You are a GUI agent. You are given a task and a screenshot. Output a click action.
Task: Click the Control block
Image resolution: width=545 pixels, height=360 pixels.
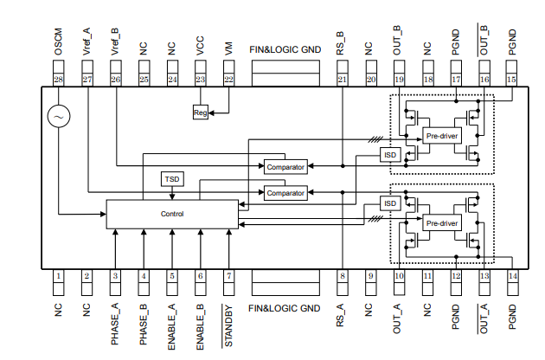(x=172, y=214)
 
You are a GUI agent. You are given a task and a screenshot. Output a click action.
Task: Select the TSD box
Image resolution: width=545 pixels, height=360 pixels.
(x=172, y=179)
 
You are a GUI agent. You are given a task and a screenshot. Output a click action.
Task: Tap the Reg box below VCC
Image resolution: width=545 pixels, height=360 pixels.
(x=200, y=112)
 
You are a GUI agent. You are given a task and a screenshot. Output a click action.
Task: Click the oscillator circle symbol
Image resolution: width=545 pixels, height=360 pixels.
(x=60, y=115)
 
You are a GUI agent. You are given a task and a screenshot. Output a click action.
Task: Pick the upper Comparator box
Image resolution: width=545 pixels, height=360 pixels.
(x=286, y=166)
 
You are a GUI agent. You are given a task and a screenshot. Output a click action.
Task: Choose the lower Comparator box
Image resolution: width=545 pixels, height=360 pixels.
(x=286, y=193)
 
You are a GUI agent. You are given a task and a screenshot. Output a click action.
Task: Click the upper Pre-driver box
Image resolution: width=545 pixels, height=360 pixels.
(x=442, y=136)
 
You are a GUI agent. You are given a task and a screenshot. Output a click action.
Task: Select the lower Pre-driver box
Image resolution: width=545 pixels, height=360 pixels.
(x=442, y=222)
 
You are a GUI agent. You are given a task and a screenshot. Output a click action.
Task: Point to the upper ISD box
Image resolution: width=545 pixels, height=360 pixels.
(x=390, y=155)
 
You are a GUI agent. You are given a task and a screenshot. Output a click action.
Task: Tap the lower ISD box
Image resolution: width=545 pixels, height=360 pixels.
(x=390, y=203)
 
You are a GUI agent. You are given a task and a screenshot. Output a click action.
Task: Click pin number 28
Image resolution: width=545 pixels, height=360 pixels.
(x=59, y=80)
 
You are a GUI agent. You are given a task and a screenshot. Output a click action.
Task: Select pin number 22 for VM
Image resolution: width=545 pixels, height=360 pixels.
(x=228, y=80)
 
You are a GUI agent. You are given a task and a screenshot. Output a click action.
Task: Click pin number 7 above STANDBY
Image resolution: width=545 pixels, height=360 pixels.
(x=228, y=276)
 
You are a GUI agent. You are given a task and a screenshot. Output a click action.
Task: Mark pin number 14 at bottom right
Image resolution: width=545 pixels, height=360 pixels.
(x=512, y=276)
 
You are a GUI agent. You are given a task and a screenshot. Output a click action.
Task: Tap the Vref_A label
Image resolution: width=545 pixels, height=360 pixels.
(x=87, y=44)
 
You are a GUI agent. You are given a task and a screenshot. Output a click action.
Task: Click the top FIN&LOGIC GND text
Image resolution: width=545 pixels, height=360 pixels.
(x=285, y=49)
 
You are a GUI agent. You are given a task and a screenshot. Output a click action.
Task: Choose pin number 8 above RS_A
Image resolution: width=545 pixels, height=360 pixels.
(x=342, y=276)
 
